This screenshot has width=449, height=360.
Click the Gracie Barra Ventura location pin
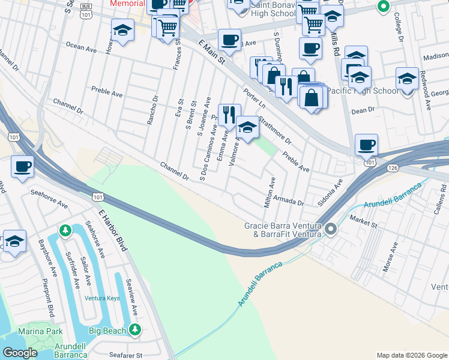pyautogui.click(x=330, y=229)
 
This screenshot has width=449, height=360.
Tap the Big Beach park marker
pyautogui.click(x=136, y=329)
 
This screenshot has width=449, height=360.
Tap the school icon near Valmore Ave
pyautogui.click(x=247, y=127)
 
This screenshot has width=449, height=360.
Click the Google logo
pyautogui.click(x=20, y=353)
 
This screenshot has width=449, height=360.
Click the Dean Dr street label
pyautogui.click(x=363, y=110)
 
